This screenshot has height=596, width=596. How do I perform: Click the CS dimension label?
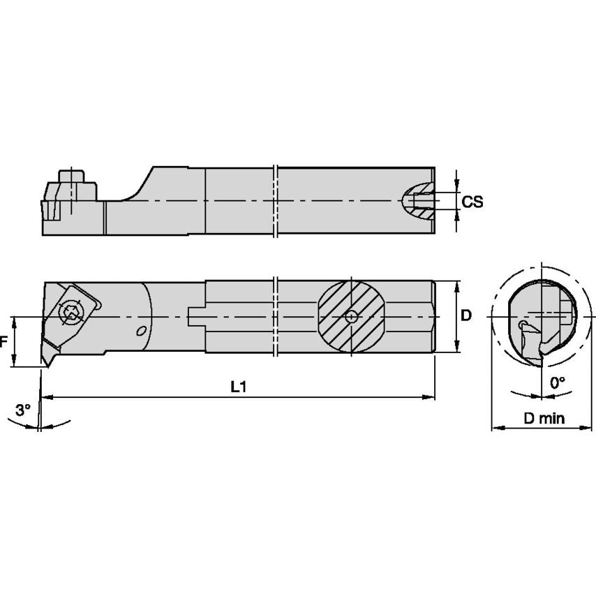point(472,202)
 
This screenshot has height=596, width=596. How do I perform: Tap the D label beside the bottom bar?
point(466,315)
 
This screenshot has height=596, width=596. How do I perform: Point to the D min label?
point(544,418)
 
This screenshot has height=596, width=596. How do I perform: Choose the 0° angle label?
point(557,382)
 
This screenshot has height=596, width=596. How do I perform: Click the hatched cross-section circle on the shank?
point(350,316)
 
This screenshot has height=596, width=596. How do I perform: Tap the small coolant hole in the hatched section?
point(351,316)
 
